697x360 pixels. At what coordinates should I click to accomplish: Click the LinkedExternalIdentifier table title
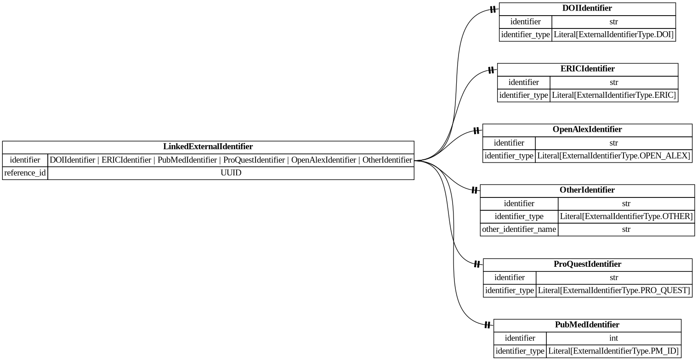point(208,147)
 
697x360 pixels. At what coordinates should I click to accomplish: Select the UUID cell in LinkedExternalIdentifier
point(231,173)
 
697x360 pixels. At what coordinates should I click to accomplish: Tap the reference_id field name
point(25,173)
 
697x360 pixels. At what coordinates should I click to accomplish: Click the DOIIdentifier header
point(587,8)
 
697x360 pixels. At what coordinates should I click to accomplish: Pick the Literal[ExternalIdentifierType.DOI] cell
point(613,34)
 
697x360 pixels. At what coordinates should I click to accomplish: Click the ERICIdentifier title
point(587,69)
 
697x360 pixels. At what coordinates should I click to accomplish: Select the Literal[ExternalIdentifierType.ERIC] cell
point(613,96)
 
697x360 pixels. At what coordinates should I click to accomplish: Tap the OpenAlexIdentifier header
point(587,129)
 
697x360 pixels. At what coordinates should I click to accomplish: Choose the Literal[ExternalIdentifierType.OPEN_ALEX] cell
point(613,156)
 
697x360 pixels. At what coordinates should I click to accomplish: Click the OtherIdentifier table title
point(587,190)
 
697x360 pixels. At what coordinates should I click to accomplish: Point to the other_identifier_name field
point(519,229)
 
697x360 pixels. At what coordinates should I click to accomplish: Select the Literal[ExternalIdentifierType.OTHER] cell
point(626,216)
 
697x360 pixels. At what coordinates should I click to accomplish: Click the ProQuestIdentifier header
point(587,264)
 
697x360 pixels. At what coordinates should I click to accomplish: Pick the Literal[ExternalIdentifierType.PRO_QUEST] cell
point(613,291)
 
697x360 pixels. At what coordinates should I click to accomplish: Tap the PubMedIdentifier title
point(587,325)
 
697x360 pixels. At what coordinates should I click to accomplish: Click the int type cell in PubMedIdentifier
point(613,338)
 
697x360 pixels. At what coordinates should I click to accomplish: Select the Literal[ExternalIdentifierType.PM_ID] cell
point(613,351)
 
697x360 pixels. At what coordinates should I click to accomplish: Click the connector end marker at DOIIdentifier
point(493,9)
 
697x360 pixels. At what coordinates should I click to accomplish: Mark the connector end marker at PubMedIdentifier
point(487,325)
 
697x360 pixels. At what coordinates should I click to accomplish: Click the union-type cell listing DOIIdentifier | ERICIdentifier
point(231,160)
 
